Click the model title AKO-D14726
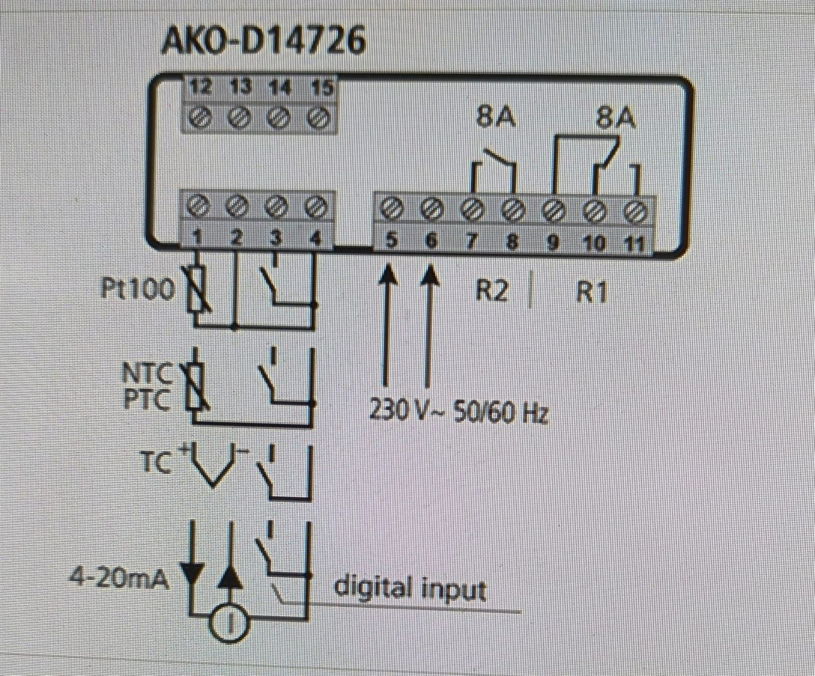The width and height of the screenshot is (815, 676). coord(263,40)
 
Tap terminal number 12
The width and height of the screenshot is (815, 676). coord(200,88)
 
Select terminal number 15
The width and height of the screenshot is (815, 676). coord(321,88)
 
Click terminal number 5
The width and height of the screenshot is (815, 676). coord(391,240)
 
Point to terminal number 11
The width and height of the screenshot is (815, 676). coord(635,243)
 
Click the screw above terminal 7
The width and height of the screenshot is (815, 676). coord(472,209)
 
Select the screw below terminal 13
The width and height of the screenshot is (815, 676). coord(238,119)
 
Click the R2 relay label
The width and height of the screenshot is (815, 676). coord(492,291)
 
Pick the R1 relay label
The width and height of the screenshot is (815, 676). coord(591,293)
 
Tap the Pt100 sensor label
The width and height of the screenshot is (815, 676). coord(138,289)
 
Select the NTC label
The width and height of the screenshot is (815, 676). coord(147,373)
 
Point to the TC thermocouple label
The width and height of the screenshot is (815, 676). coord(155,464)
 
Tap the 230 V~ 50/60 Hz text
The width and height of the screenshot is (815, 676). coord(458,411)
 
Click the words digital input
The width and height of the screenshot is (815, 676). coord(410,588)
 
